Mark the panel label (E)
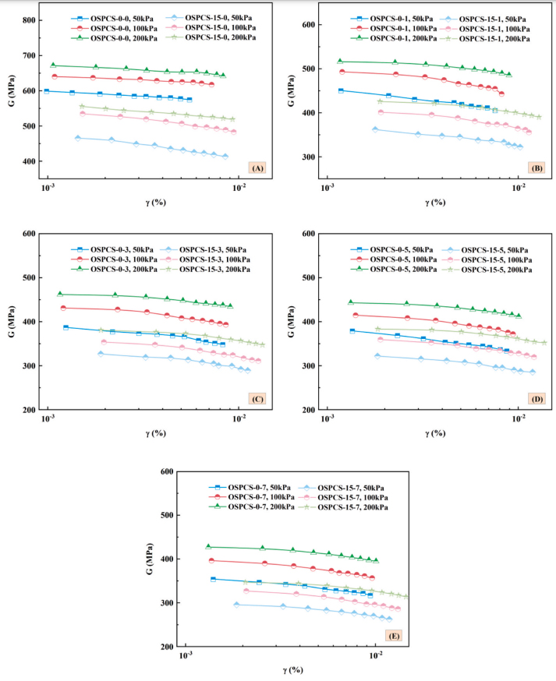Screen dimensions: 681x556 click(x=394, y=635)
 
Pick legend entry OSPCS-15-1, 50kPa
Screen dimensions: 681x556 click(x=500, y=17)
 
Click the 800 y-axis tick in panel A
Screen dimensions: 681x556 click(x=29, y=19)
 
